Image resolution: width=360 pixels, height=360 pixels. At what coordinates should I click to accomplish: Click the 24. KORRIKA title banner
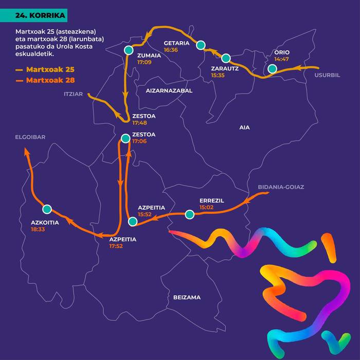coord(41,16)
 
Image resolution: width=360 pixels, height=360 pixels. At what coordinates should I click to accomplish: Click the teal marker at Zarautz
coord(225,58)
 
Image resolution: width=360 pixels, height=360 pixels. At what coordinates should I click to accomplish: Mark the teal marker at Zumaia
coord(128,50)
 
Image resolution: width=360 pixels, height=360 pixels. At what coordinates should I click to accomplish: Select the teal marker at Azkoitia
coord(47,209)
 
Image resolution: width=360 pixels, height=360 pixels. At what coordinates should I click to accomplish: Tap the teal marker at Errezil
coord(190,214)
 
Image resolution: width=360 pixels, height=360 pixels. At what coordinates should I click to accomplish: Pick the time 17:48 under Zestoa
coord(140,123)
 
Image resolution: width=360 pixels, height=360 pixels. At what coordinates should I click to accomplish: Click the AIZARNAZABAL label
coord(169,91)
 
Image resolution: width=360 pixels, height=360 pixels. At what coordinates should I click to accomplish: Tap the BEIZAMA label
coord(187,297)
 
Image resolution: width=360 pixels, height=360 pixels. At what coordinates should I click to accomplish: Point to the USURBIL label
coord(328,75)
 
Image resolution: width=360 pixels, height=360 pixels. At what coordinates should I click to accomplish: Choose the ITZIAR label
coord(74,95)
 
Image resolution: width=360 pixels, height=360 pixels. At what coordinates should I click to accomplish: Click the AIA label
coord(244,127)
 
